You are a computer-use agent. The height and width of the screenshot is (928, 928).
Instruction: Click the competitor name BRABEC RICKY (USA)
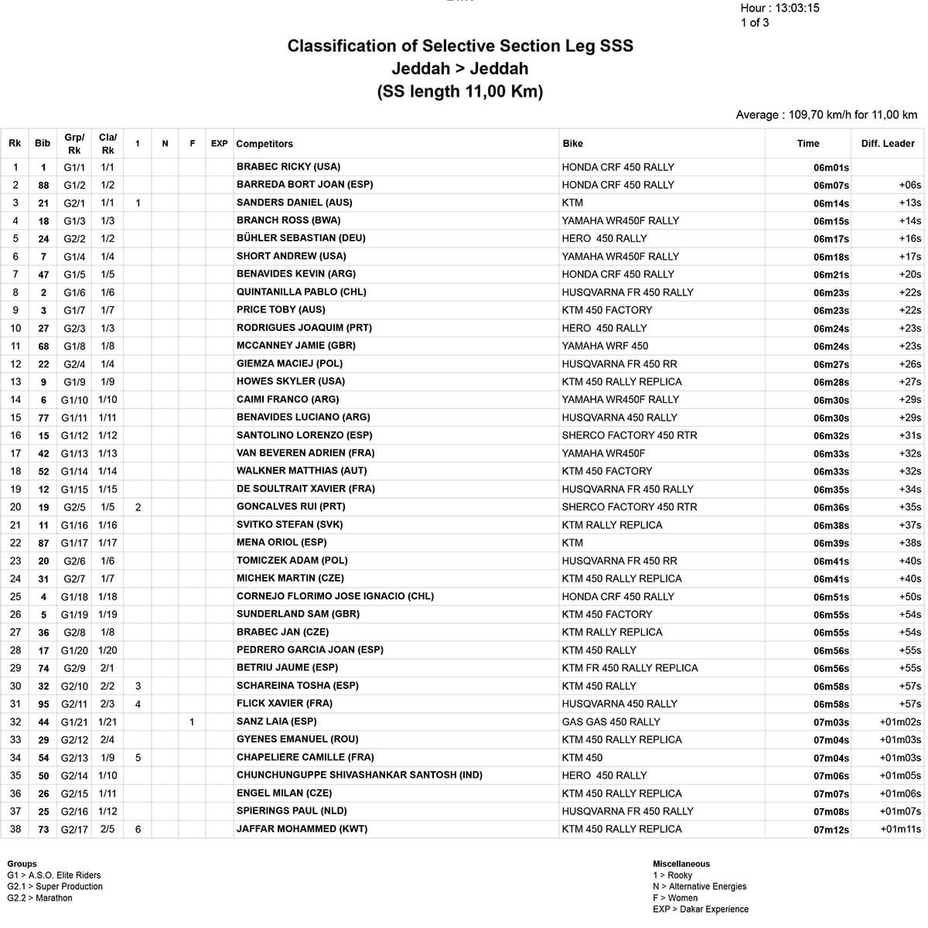click(288, 167)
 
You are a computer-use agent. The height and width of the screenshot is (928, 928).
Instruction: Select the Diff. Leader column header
click(887, 143)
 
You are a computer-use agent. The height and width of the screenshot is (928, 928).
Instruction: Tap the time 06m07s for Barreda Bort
click(831, 186)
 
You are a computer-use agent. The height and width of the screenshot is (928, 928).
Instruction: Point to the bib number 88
click(43, 186)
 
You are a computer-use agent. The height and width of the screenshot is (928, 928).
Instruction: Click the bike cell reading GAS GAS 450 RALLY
click(611, 722)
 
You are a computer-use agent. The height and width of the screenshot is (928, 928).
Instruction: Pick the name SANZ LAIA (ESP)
click(276, 722)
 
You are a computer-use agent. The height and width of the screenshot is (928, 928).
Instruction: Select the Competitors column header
click(264, 144)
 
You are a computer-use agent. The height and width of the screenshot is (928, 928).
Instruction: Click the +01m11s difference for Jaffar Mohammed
click(900, 830)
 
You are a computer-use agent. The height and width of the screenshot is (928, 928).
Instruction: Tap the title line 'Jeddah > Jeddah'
click(459, 69)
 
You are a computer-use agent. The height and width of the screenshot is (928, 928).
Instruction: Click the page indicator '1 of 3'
click(754, 22)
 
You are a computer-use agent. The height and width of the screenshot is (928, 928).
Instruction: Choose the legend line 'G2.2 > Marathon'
click(39, 899)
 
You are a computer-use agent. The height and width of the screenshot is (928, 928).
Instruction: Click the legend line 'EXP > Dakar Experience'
click(700, 909)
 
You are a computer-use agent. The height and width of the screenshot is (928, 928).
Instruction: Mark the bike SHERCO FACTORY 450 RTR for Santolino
click(629, 435)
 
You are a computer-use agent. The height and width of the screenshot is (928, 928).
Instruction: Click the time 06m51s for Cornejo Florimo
click(831, 597)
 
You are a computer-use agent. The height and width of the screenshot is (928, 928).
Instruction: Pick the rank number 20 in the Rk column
click(15, 507)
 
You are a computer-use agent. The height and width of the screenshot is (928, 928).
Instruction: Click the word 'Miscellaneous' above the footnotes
click(681, 864)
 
